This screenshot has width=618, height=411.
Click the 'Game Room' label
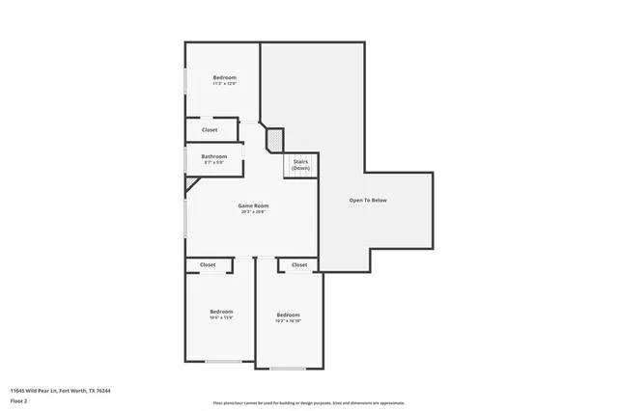pyautogui.click(x=253, y=205)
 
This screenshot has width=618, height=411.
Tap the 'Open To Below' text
pyautogui.click(x=368, y=201)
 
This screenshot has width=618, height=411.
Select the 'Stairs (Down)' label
pyautogui.click(x=300, y=164)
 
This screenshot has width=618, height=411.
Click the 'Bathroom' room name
pyautogui.click(x=213, y=156)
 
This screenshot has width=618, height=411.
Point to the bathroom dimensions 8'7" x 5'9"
pyautogui.click(x=213, y=162)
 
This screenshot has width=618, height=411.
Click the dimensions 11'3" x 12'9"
pyautogui.click(x=224, y=84)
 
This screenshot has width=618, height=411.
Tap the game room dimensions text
pyautogui.click(x=253, y=211)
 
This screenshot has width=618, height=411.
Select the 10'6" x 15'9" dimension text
pyautogui.click(x=221, y=316)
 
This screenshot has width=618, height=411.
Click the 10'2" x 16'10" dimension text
pyautogui.click(x=288, y=320)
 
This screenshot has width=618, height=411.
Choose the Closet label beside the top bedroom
pyautogui.click(x=210, y=129)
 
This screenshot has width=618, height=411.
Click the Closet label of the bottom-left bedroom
pyautogui.click(x=208, y=264)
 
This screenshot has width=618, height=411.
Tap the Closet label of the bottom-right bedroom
pyautogui.click(x=299, y=264)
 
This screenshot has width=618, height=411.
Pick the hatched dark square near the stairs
pyautogui.click(x=274, y=142)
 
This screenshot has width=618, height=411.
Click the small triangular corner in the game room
pyautogui.click(x=190, y=182)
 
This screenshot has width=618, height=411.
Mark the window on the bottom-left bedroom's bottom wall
pyautogui.click(x=223, y=362)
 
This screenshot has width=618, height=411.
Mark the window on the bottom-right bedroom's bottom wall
pyautogui.click(x=288, y=369)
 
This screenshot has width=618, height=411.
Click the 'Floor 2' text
pyautogui.click(x=18, y=399)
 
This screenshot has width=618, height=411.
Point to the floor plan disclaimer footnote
pyautogui.click(x=308, y=403)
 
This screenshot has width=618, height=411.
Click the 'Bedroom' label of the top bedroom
pyautogui.click(x=224, y=77)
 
